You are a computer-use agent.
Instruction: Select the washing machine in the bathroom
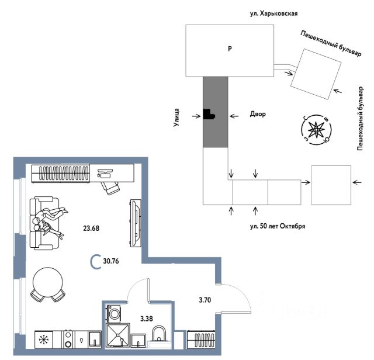click(115, 314)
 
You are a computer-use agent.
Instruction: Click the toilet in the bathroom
click(159, 335)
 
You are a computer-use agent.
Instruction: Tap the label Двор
click(257, 115)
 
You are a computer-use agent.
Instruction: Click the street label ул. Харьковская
click(269, 11)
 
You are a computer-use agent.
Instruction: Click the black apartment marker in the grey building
click(209, 115)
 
